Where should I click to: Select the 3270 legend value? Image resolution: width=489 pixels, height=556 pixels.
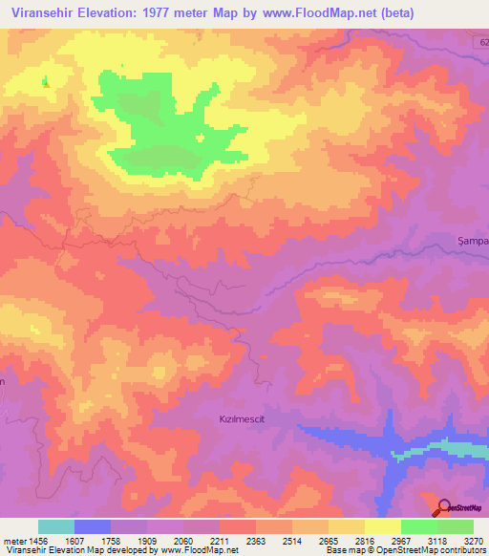[473, 540]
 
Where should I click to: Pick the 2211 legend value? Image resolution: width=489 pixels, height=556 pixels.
[219, 540]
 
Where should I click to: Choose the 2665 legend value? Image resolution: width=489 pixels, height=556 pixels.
[328, 540]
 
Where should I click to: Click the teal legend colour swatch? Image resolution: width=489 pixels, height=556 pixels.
[56, 526]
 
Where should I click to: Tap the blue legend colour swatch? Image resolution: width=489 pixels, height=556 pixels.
[93, 526]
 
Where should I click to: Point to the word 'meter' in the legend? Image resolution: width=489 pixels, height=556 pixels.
[11, 540]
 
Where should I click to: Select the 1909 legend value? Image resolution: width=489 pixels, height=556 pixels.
[146, 540]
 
